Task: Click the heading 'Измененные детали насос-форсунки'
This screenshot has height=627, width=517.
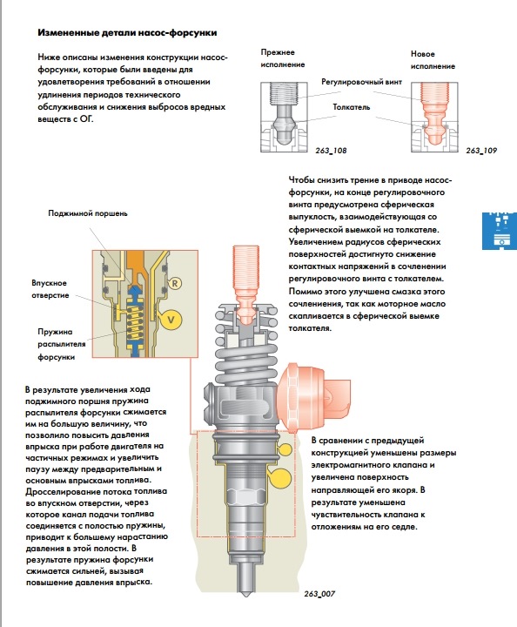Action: pos(127,33)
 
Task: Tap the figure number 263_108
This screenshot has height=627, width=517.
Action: pos(331,151)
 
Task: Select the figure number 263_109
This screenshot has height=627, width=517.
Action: pos(481,151)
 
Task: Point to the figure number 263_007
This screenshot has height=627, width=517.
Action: pos(319,594)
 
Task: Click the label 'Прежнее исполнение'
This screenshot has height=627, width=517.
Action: pos(283,58)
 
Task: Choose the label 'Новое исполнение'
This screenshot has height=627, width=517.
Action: pos(433,60)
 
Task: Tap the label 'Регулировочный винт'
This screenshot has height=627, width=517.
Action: pos(361,82)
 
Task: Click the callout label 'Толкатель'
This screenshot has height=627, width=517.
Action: pos(352,107)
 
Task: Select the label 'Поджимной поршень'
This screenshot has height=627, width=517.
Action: pos(88,213)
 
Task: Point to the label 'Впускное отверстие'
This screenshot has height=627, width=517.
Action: pos(50,289)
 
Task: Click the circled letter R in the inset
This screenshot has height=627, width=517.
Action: pos(175,284)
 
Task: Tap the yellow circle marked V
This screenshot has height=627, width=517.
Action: pos(171,319)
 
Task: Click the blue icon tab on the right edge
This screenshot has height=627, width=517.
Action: pos(500,231)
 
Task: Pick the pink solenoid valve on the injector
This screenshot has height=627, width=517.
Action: pos(313,397)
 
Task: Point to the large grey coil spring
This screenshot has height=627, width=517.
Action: pos(246,347)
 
